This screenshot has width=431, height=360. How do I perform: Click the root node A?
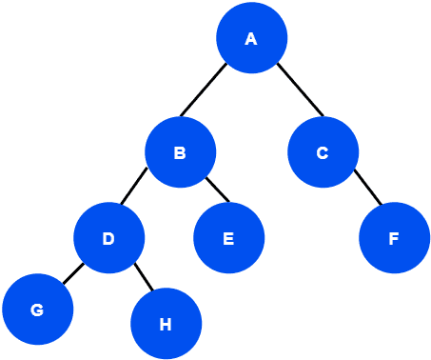(x=251, y=38)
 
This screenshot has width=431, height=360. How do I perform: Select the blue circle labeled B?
(x=180, y=151)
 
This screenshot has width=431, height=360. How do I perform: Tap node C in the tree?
(x=323, y=151)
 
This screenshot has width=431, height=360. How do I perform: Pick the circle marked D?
(x=108, y=237)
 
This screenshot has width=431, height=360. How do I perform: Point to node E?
(x=228, y=238)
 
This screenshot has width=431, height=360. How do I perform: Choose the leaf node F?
(x=394, y=238)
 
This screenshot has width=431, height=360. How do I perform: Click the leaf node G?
(x=37, y=310)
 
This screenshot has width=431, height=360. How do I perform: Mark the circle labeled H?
(x=166, y=324)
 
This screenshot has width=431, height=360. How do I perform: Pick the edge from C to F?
(x=367, y=189)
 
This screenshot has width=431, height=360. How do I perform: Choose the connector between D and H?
(x=143, y=277)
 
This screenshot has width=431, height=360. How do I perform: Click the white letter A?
(x=251, y=39)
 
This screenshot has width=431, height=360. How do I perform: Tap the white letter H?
(x=166, y=325)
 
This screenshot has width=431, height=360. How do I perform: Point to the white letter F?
(x=394, y=239)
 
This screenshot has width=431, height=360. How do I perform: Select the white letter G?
(x=37, y=310)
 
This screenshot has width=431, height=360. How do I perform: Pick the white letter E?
(x=228, y=239)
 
